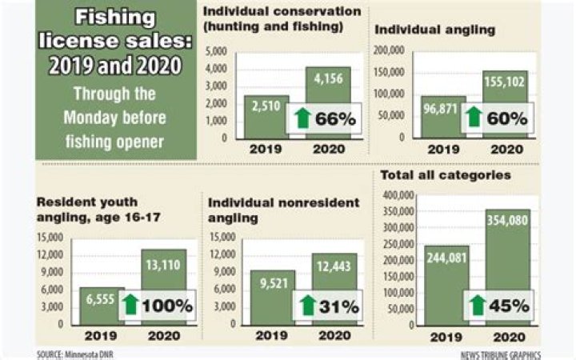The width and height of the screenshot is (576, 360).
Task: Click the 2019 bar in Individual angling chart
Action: (442, 117)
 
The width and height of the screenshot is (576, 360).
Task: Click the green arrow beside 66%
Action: (302, 118)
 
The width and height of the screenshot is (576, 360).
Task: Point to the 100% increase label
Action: (167, 306)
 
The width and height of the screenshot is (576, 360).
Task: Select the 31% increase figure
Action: (338, 306)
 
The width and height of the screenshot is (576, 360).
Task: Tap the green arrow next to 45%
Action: (478, 306)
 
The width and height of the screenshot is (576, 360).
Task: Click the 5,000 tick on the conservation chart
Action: (216, 51)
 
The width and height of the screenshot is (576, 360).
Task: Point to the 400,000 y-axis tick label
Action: (398, 195)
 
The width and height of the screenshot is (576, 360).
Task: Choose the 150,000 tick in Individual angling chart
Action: (389, 72)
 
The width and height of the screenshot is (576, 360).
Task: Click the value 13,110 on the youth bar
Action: (163, 265)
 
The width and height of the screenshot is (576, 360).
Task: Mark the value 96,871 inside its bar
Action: (441, 109)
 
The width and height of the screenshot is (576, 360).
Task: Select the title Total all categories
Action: (446, 175)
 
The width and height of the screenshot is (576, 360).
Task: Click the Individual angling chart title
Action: (435, 30)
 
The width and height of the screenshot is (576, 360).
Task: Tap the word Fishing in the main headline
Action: (115, 18)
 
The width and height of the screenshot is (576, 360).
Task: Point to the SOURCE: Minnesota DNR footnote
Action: (75, 354)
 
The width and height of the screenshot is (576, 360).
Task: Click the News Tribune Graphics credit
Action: (500, 355)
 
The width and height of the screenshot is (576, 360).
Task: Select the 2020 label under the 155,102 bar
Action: (507, 149)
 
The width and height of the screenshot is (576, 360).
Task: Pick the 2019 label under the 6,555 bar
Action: (101, 336)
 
